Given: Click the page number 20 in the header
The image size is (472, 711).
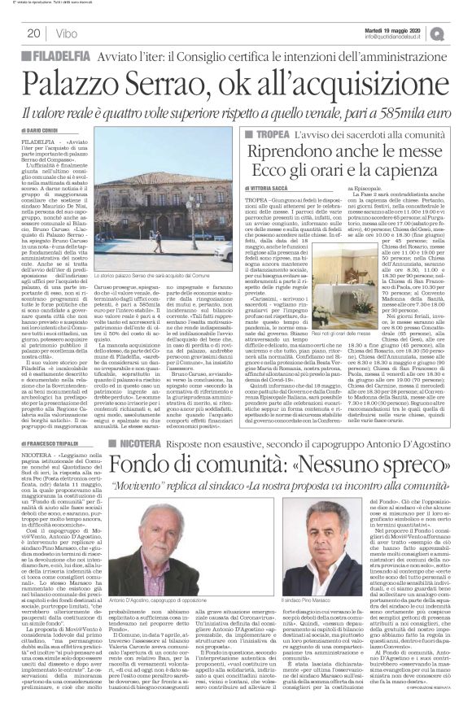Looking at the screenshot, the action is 33,33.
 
